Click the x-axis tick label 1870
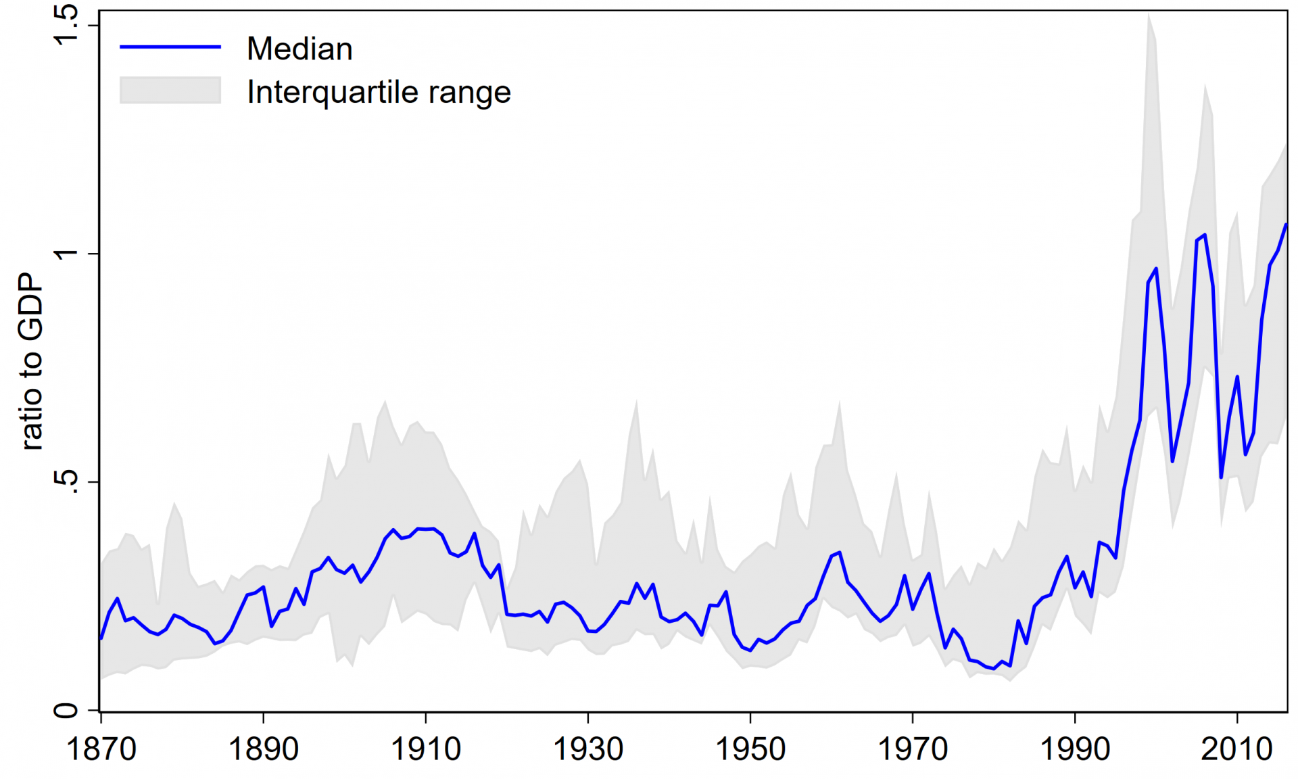(101, 749)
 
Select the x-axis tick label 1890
(264, 749)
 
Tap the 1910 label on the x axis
(426, 749)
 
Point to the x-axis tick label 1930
(588, 749)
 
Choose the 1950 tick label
(750, 749)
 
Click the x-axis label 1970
(913, 749)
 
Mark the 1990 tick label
(1075, 749)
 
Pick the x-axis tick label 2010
(1237, 749)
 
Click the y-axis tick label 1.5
(66, 26)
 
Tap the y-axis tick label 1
(66, 254)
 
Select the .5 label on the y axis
(66, 481)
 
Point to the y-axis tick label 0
(66, 711)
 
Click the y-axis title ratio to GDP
(30, 362)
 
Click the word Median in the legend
(299, 49)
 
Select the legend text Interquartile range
(379, 92)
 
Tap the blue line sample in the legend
(170, 47)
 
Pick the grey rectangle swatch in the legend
(170, 90)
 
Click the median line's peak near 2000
(1156, 269)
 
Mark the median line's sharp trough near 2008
(1221, 477)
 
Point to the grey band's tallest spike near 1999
(1149, 18)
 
